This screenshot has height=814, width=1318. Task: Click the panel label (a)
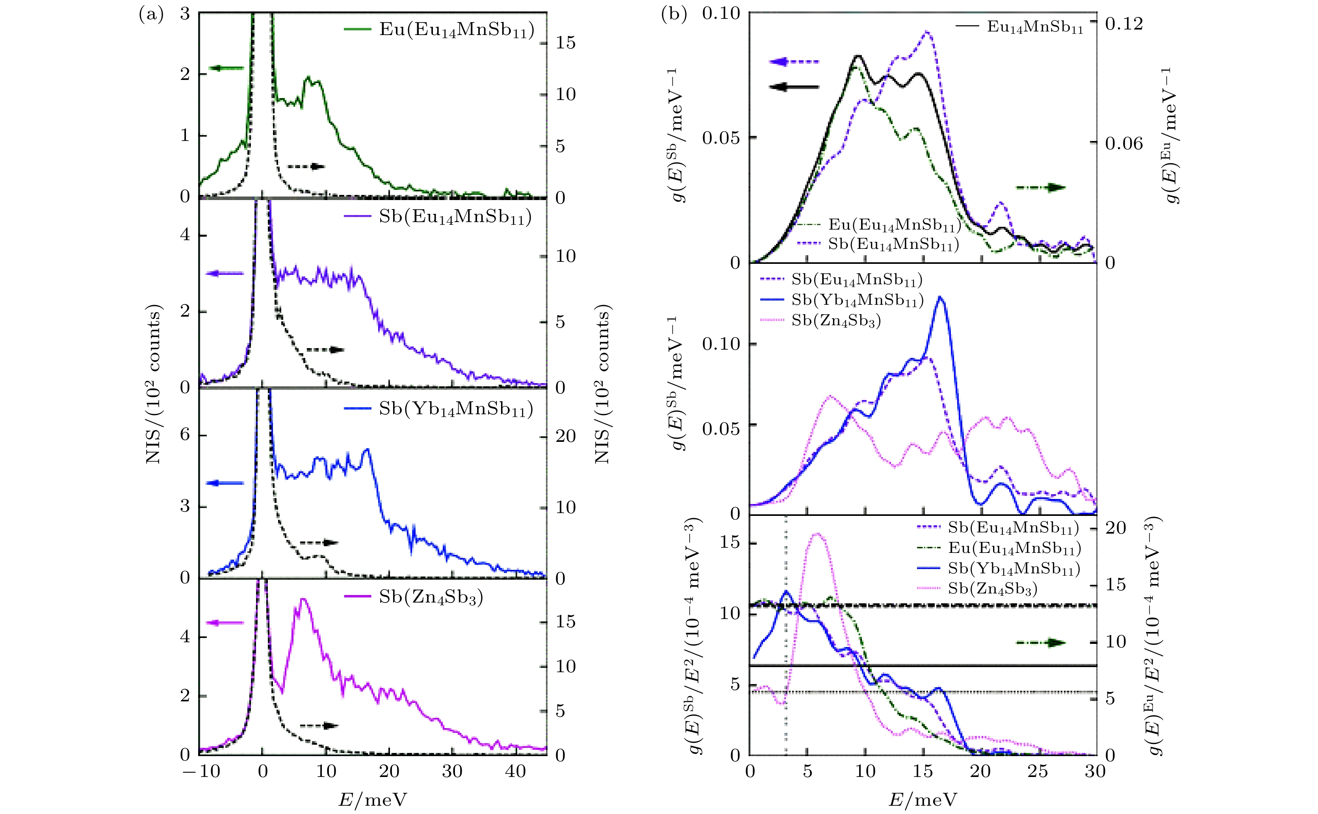click(151, 15)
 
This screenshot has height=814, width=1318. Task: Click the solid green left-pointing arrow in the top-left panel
click(226, 68)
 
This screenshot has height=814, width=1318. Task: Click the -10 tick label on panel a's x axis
click(200, 771)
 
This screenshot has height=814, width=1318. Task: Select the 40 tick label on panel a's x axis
click(515, 771)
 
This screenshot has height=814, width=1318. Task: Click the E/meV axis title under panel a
click(373, 799)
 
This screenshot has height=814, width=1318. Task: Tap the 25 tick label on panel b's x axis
click(1038, 771)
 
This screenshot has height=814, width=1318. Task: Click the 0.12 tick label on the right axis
click(1124, 24)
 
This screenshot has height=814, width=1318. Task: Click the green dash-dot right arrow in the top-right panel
click(1040, 187)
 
